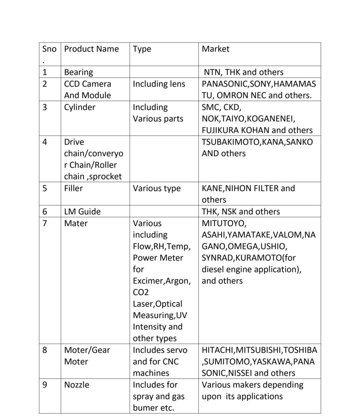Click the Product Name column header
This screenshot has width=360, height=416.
[x=91, y=49]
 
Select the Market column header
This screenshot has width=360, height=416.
[x=216, y=49]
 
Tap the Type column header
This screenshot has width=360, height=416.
[x=142, y=49]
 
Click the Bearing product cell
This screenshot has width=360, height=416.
[x=78, y=72]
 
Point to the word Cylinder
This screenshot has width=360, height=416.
[x=80, y=107]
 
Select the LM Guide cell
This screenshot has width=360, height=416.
[x=82, y=212]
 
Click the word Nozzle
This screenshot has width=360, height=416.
[x=76, y=385]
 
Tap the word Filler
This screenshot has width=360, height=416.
[x=73, y=188]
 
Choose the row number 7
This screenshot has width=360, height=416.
[x=45, y=223]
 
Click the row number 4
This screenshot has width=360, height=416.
[x=45, y=142]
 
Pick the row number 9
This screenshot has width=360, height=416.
[x=45, y=385]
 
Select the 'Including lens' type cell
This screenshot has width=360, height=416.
[x=159, y=84]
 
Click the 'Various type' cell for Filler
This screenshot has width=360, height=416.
[x=157, y=188]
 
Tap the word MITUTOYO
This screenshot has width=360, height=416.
[x=224, y=223]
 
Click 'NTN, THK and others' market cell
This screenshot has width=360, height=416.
[x=244, y=72]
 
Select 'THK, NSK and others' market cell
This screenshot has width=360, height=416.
[x=241, y=212]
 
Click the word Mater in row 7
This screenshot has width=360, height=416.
[x=75, y=223]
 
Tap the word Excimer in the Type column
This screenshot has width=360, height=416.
[x=147, y=281]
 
